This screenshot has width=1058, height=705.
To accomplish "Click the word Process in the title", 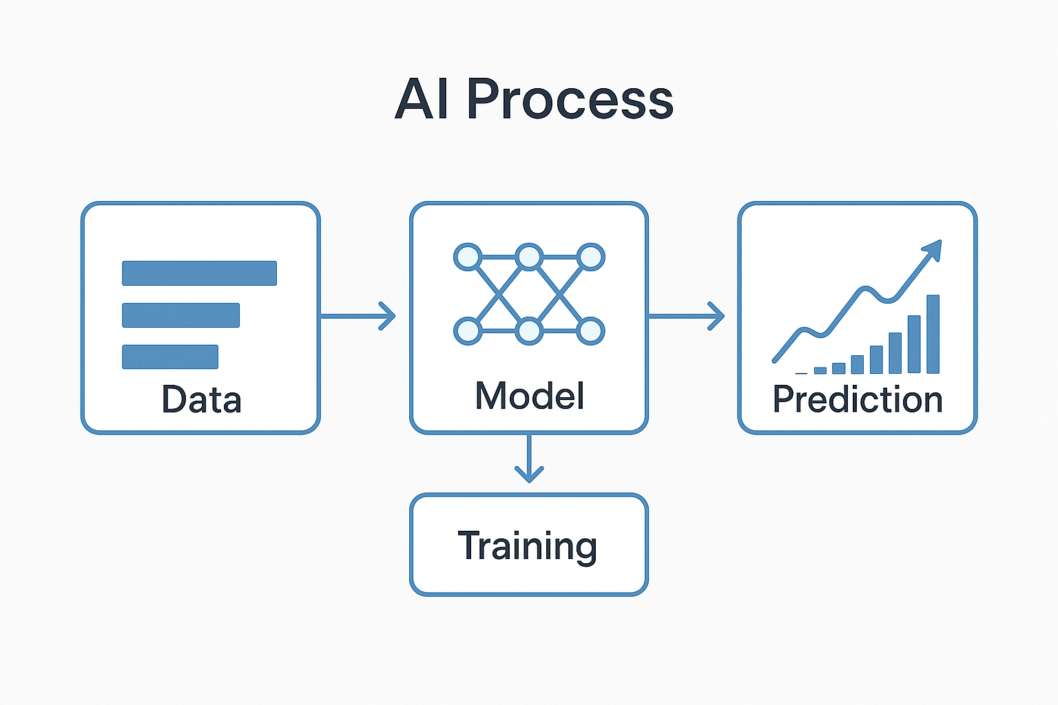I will (570, 100).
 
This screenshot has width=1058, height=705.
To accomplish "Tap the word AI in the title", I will (422, 100).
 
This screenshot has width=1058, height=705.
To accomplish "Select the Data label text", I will (201, 400).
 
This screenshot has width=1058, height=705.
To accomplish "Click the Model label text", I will (529, 396).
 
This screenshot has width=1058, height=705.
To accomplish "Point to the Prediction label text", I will (858, 400).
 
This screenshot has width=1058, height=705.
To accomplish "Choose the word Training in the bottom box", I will (528, 546).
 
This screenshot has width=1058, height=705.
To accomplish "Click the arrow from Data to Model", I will (358, 316).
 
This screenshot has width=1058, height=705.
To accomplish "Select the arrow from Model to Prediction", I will (686, 316).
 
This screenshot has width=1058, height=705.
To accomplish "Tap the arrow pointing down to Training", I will (529, 459).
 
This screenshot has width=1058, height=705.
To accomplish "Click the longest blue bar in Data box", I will (199, 273).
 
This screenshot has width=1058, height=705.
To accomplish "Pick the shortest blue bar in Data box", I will (170, 357).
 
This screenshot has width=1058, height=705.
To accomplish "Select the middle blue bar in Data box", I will (180, 315).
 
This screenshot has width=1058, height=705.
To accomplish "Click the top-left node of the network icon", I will (468, 257).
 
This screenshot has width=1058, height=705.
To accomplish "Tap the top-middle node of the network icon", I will (529, 257).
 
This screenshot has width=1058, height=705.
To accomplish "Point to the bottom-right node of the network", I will (590, 331).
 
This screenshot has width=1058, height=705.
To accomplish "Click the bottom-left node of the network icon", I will (468, 331).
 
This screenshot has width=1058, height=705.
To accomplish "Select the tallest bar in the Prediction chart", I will (933, 334).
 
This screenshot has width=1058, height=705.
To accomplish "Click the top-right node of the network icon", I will (590, 257).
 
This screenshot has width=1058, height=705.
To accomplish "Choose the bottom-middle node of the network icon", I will (529, 331).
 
